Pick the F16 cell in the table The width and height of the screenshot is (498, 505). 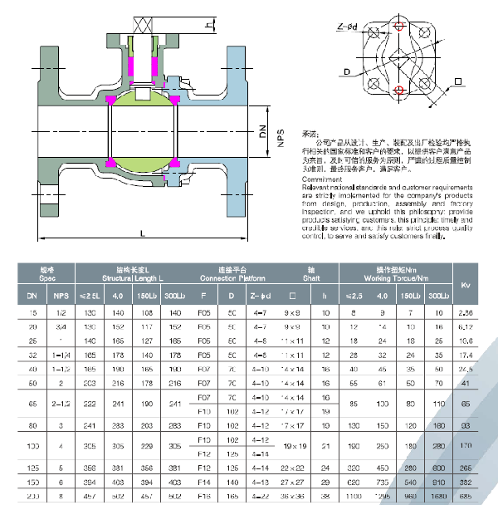click(x=203, y=496)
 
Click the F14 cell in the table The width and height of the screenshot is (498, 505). click(x=203, y=483)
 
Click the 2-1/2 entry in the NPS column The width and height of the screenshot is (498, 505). click(x=60, y=402)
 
